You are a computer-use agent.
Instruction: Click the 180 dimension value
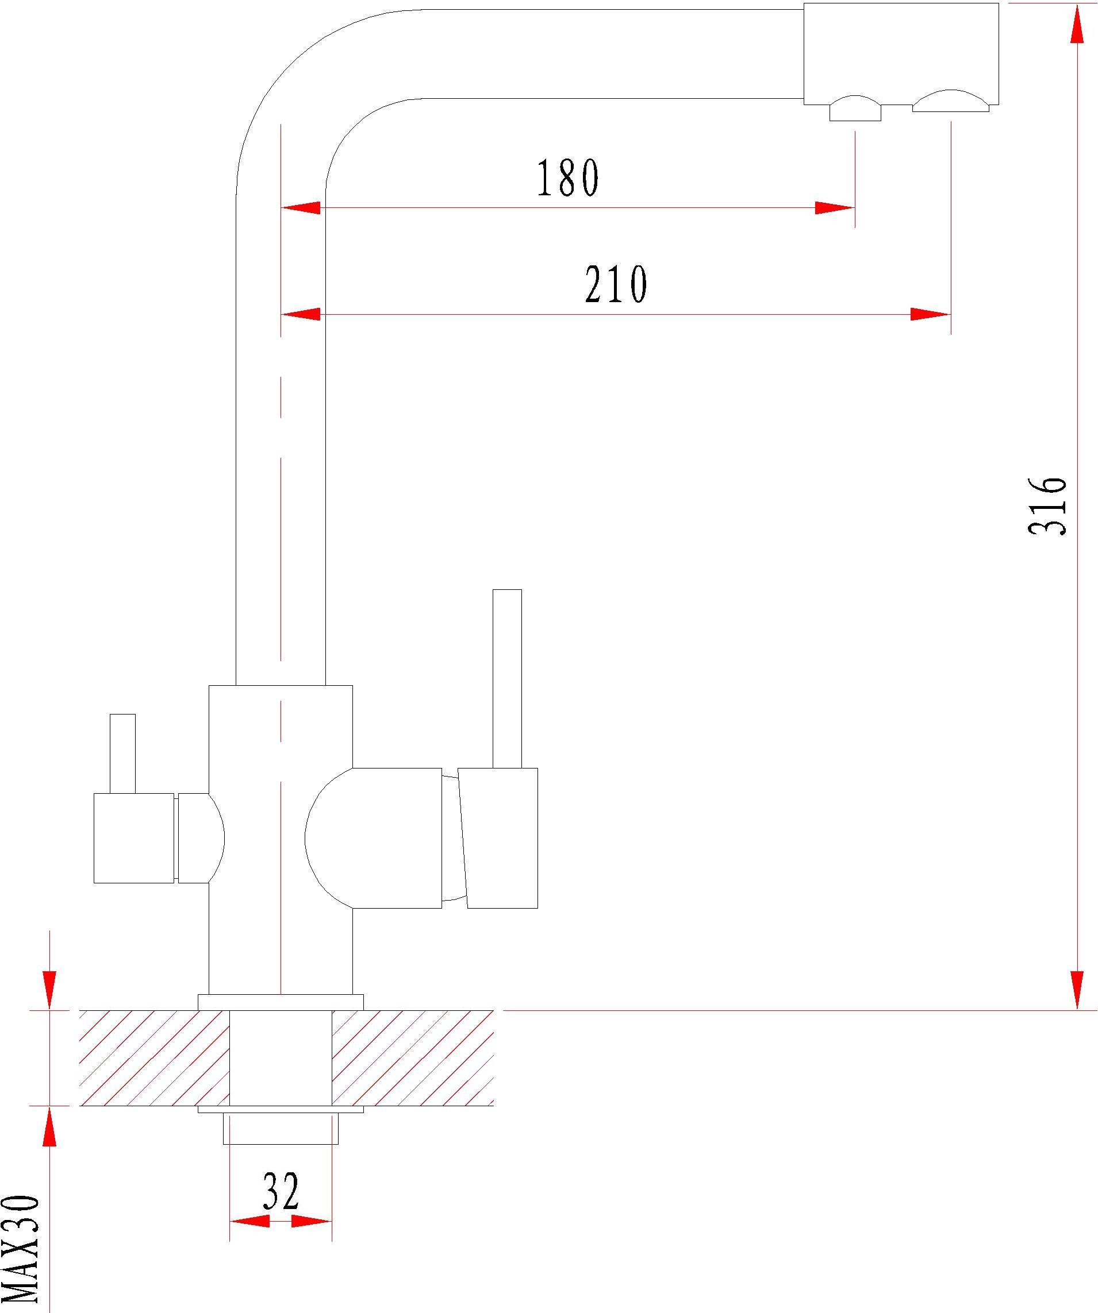(568, 177)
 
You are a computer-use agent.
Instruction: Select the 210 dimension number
(616, 284)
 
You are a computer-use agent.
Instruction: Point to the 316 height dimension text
(1047, 506)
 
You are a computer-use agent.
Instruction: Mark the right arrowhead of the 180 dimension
(834, 208)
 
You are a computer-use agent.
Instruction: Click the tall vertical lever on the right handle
(507, 678)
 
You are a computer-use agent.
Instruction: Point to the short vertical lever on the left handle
(122, 754)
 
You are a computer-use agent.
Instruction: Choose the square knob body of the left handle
(134, 839)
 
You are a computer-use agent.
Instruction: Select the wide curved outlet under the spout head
(951, 101)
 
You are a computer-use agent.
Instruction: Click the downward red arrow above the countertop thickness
(49, 990)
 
